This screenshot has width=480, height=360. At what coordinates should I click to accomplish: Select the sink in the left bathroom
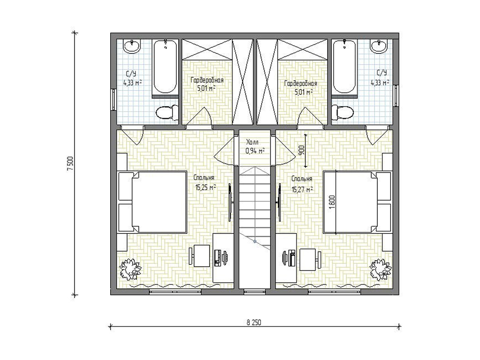pyautogui.click(x=132, y=46)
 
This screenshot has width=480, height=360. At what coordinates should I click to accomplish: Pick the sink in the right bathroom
pyautogui.click(x=378, y=46)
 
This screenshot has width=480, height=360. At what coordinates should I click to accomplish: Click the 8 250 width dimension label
pyautogui.click(x=254, y=322)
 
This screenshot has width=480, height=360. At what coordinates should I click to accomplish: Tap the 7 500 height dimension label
pyautogui.click(x=71, y=164)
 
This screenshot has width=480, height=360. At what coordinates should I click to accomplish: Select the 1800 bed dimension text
pyautogui.click(x=332, y=202)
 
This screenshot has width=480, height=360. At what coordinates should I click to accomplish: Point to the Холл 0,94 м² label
pyautogui.click(x=255, y=146)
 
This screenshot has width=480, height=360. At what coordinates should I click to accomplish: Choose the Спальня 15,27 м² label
pyautogui.click(x=302, y=184)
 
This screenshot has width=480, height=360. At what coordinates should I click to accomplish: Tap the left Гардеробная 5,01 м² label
pyautogui.click(x=207, y=84)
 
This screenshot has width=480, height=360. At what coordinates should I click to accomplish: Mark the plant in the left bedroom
pyautogui.click(x=130, y=270)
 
